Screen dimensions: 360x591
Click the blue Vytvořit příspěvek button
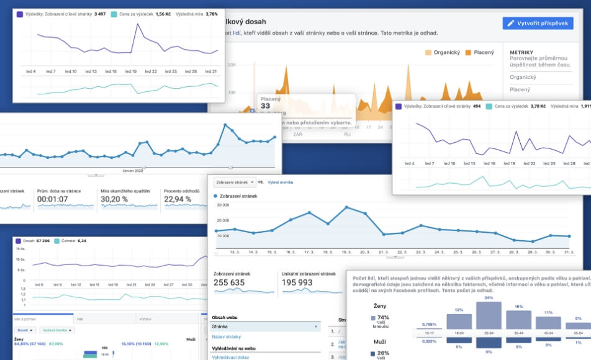point(538,23)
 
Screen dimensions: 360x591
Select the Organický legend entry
point(444,53)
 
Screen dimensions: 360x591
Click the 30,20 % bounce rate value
point(119,199)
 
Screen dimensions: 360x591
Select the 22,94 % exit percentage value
point(183,199)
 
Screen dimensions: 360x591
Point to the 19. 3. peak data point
point(347,207)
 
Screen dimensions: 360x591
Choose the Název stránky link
point(227,336)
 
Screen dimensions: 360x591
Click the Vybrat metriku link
point(281,182)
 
